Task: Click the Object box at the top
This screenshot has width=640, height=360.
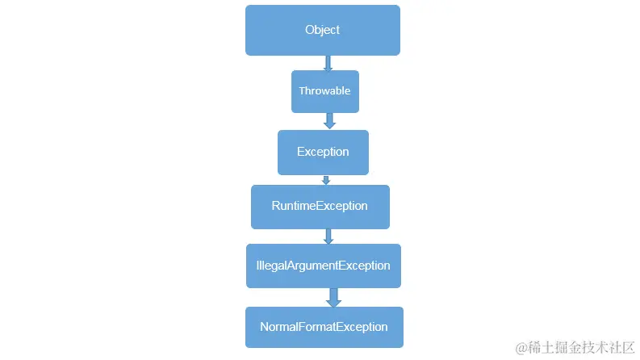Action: click(322, 31)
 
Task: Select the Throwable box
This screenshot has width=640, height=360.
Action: click(324, 91)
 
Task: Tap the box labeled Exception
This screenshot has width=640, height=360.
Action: click(323, 153)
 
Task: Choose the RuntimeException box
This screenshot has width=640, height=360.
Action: click(320, 207)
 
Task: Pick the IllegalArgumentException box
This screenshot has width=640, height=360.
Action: click(323, 266)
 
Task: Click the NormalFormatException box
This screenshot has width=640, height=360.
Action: click(324, 328)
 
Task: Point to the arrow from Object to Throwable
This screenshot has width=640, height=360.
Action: click(328, 63)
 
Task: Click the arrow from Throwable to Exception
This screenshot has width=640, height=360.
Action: click(328, 121)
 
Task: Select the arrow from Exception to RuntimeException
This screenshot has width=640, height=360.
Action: click(326, 180)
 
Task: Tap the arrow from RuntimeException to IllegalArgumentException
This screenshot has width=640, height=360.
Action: click(328, 237)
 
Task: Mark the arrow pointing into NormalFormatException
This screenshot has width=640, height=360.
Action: click(333, 297)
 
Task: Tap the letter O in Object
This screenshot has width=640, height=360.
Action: click(310, 31)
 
